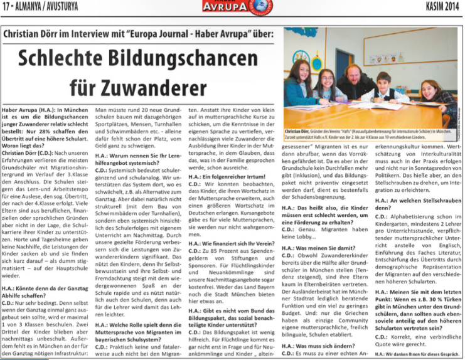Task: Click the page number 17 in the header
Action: tap(8, 7)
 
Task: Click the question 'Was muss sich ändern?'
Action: tap(313, 346)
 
